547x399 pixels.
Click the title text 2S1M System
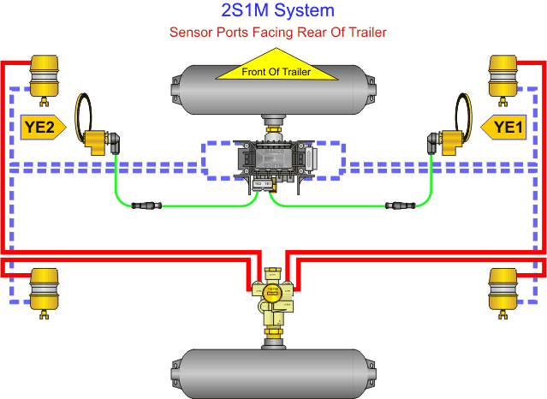[x=273, y=11]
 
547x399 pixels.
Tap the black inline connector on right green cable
[x=401, y=205]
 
